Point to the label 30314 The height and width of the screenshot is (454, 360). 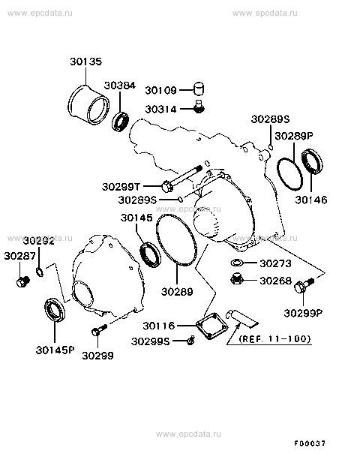click(x=160, y=109)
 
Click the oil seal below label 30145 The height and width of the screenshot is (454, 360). click(x=149, y=254)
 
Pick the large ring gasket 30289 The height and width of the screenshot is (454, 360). click(x=177, y=239)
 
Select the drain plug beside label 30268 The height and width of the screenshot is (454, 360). click(x=235, y=280)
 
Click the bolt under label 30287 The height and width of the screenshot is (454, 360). click(x=21, y=281)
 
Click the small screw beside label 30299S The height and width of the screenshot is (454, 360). click(x=191, y=341)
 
